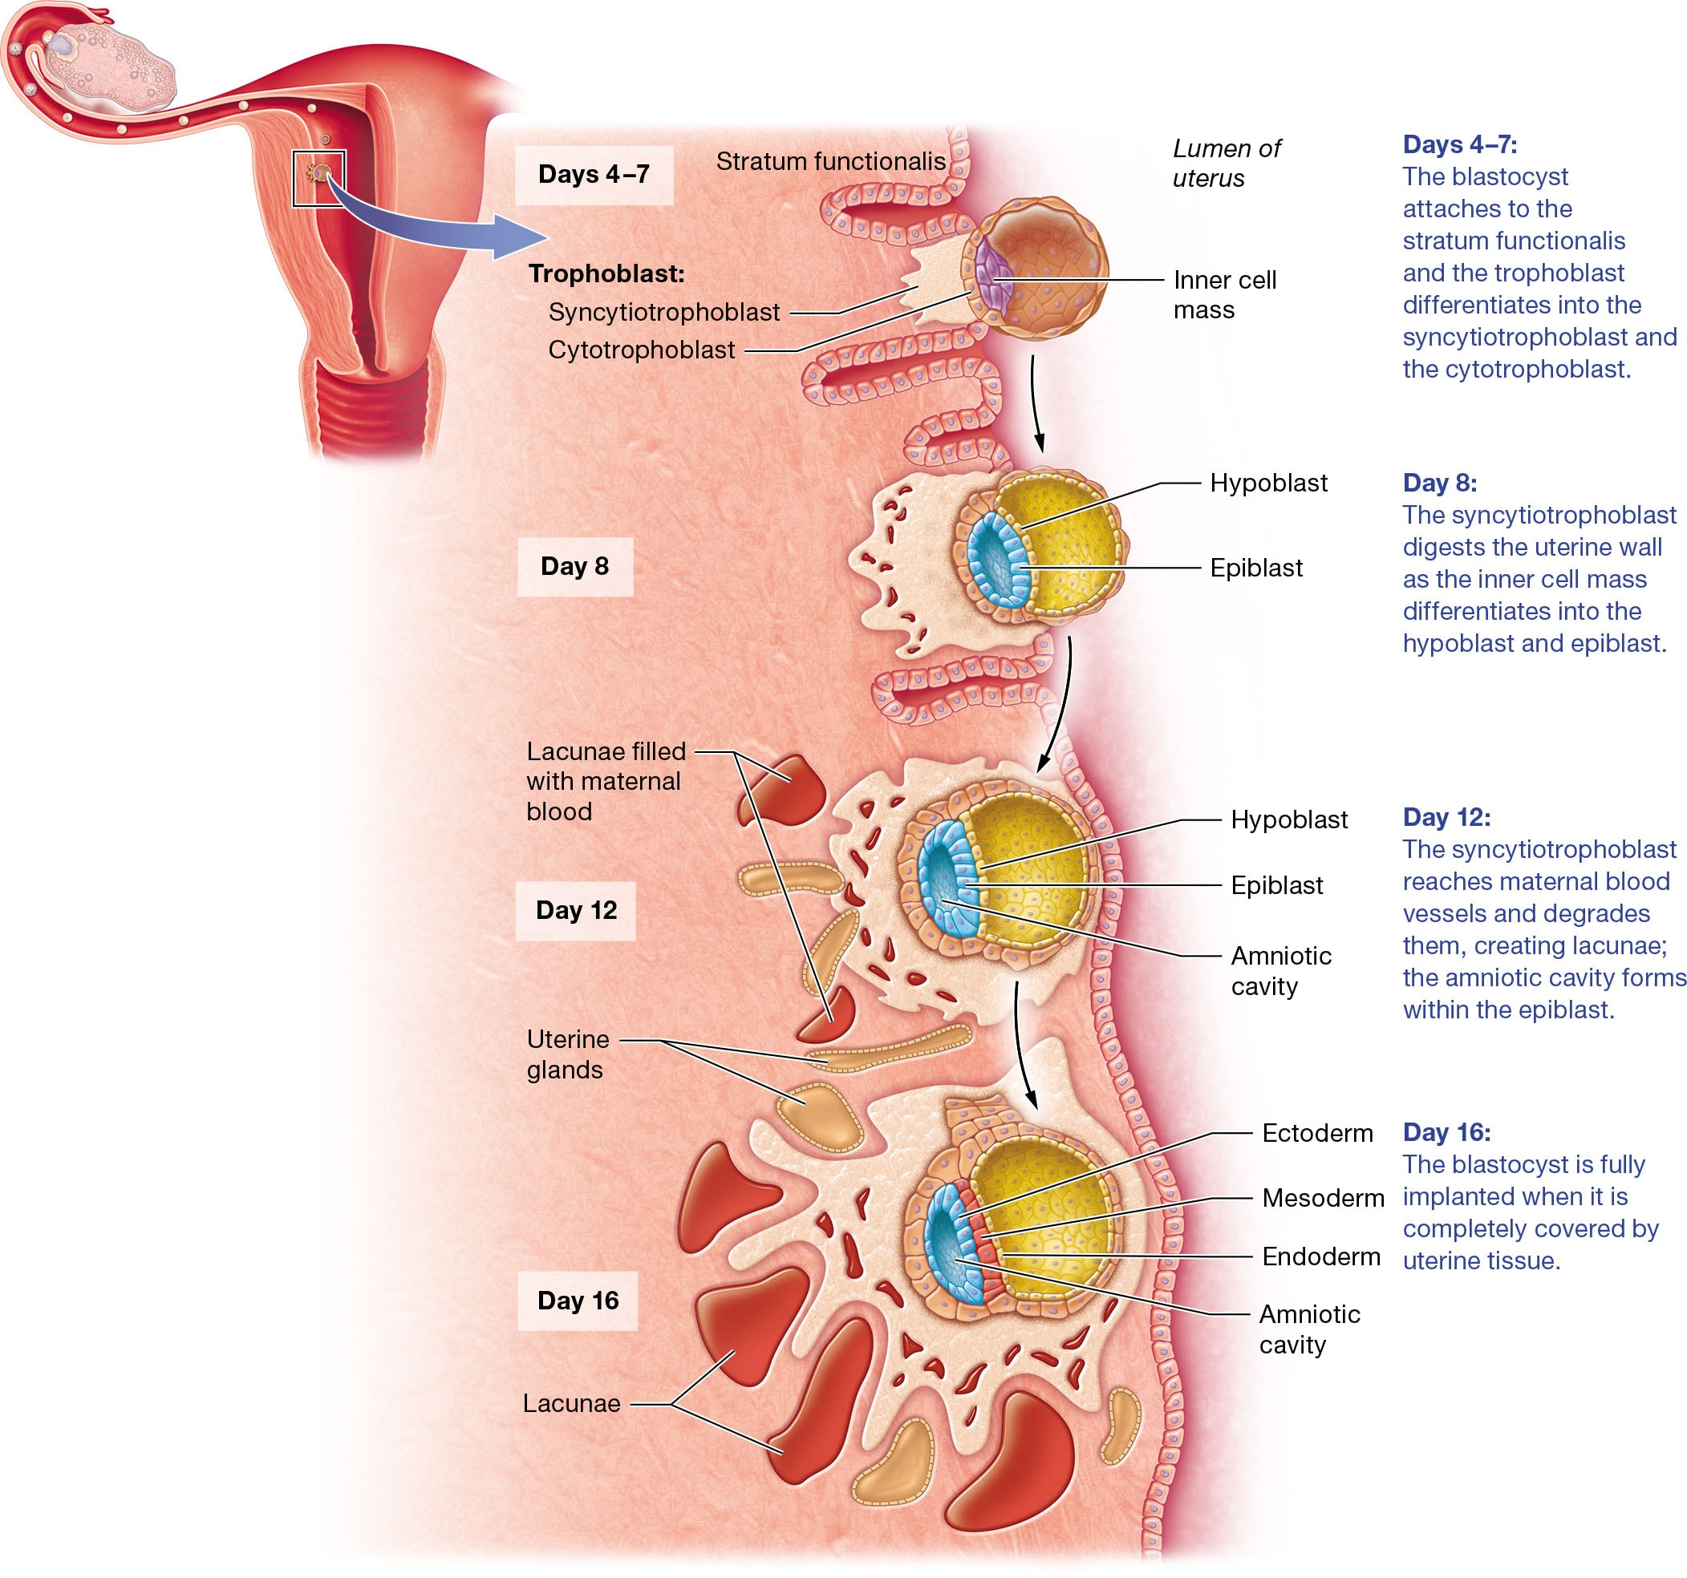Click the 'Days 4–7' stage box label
pos(593,175)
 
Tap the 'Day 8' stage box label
pos(574,566)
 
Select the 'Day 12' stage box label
pos(575,910)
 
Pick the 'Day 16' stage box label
pos(577,1301)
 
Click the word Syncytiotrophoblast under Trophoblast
pos(663,312)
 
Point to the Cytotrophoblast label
pos(641,350)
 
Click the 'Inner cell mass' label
pos(1223,294)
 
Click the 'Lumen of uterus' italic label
pos(1226,163)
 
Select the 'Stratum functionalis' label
pos(830,161)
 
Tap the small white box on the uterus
pos(318,178)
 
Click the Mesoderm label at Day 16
pos(1322,1198)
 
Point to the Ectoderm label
pos(1317,1134)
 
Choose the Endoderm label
pos(1320,1256)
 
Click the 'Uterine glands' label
pos(567,1054)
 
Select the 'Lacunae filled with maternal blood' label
pos(604,780)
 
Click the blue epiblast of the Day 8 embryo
pos(997,560)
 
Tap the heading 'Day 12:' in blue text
pos(1446,817)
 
